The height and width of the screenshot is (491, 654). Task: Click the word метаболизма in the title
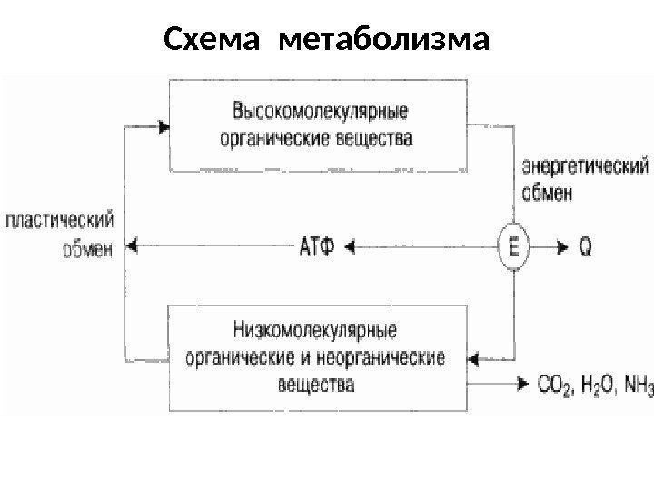pyautogui.click(x=384, y=41)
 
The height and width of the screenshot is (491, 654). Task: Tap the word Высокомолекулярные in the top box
pyautogui.click(x=321, y=114)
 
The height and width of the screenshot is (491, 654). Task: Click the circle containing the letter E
pyautogui.click(x=513, y=245)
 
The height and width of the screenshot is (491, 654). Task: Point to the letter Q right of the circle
pyautogui.click(x=587, y=245)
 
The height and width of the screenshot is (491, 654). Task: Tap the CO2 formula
pyautogui.click(x=554, y=386)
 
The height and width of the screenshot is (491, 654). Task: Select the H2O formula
pyautogui.click(x=595, y=386)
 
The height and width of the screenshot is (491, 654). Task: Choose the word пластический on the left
pyautogui.click(x=61, y=221)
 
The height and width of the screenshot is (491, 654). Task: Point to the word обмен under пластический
pyautogui.click(x=88, y=247)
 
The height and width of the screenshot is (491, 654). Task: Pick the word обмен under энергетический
pyautogui.click(x=548, y=193)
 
